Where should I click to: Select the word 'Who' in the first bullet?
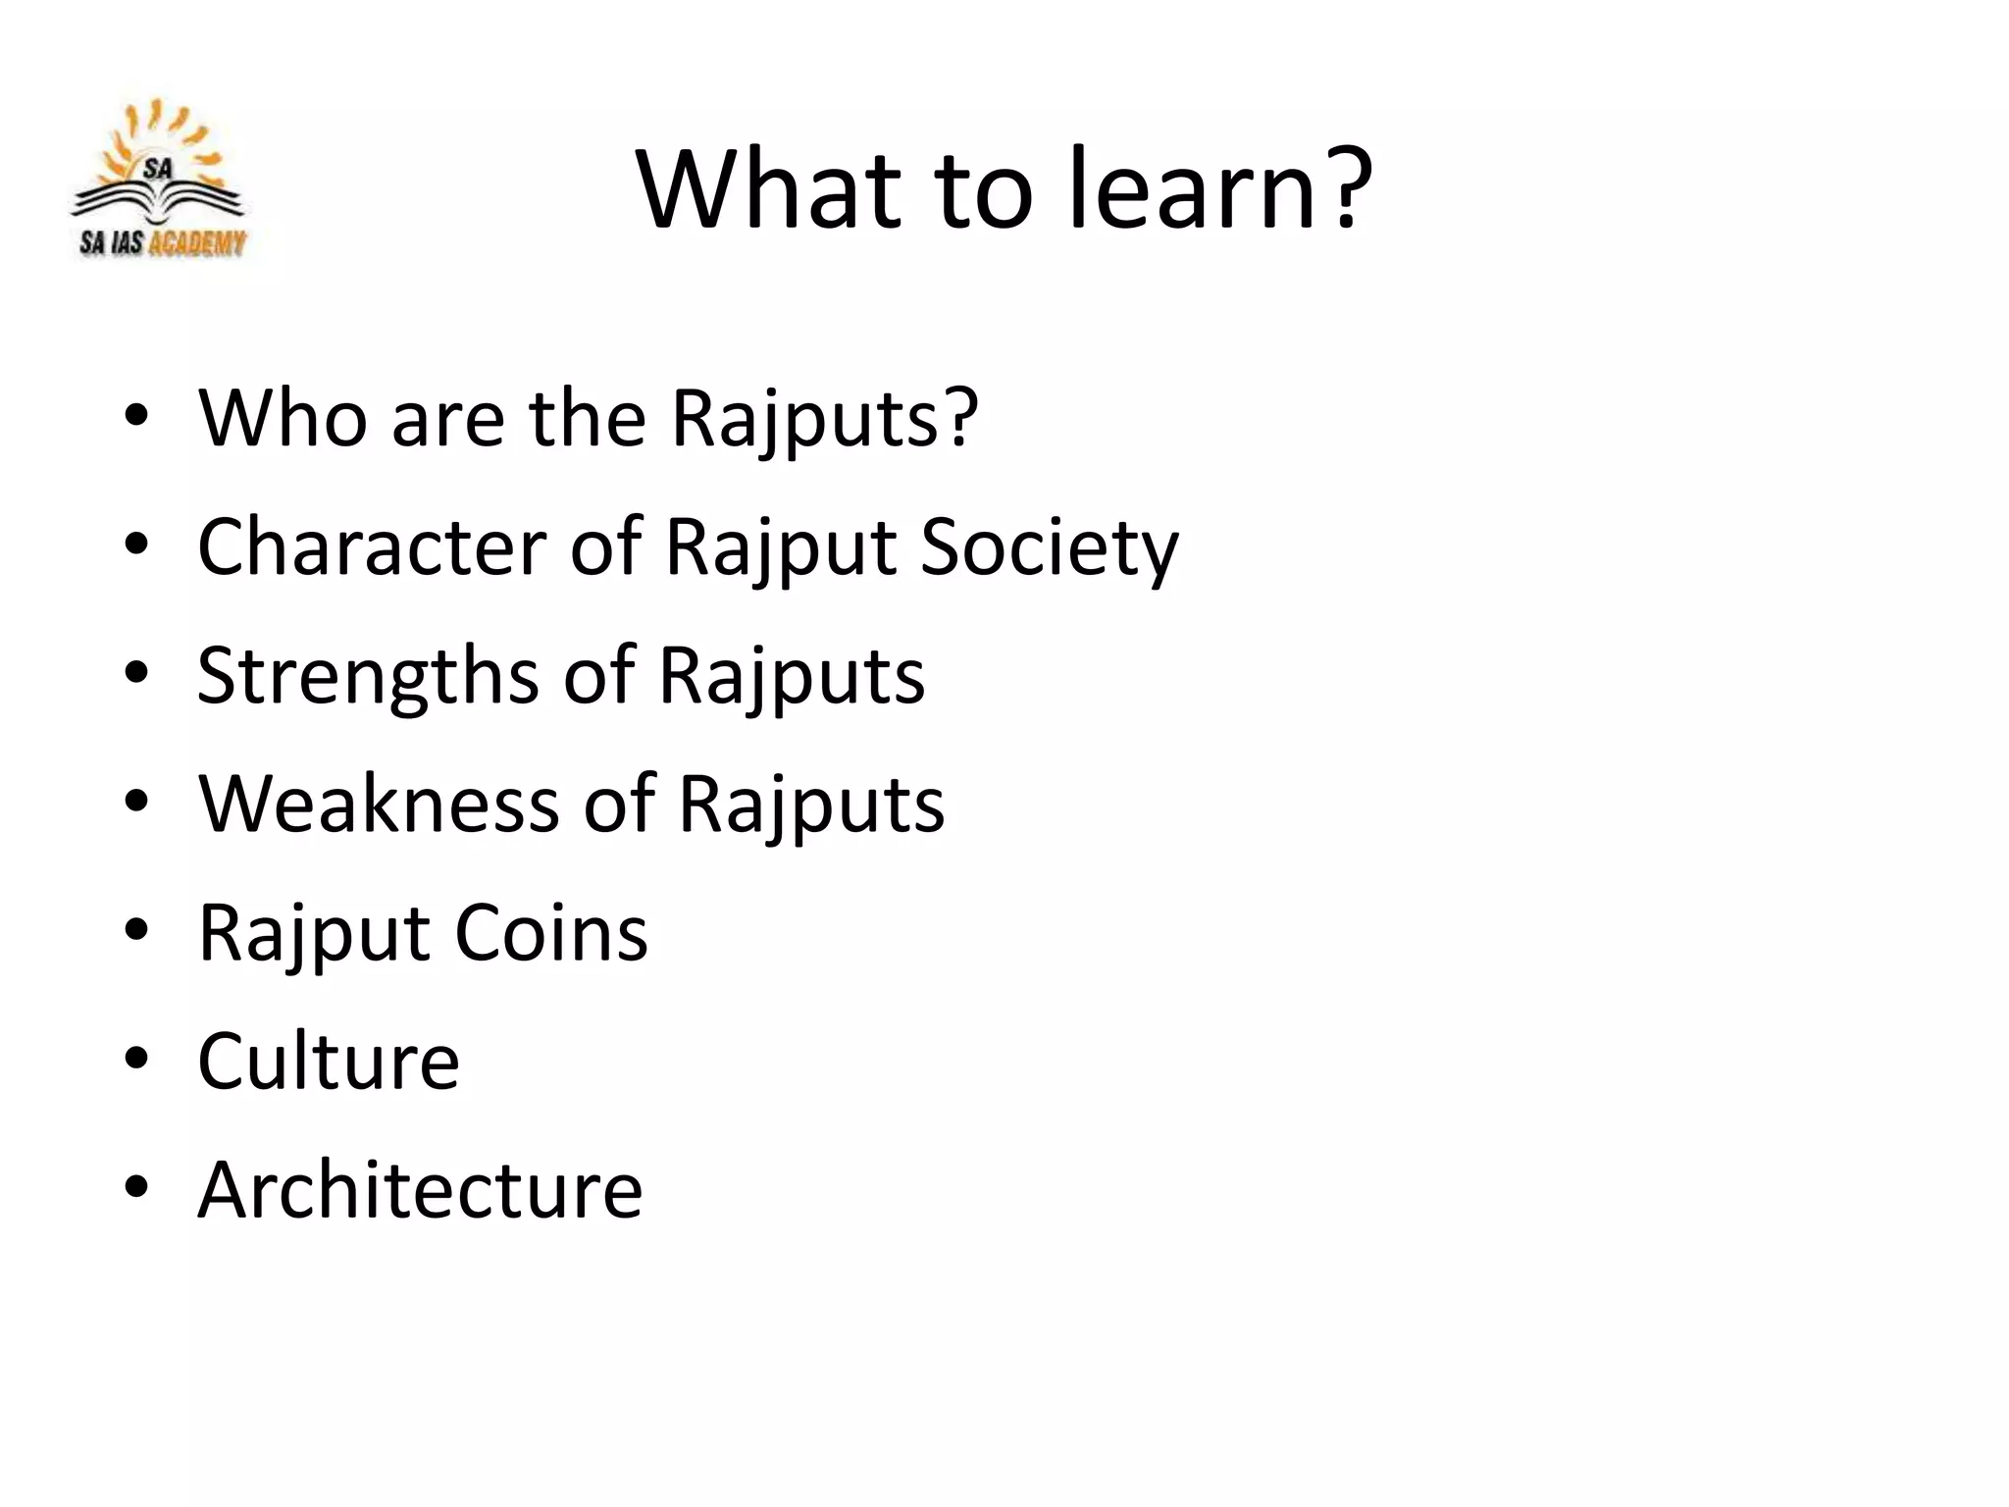coord(283,417)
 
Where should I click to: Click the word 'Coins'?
coord(550,932)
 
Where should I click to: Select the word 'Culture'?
coord(329,1061)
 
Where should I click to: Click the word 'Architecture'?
coord(420,1189)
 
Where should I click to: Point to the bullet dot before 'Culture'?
coord(136,1059)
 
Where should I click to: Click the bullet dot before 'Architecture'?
coord(136,1187)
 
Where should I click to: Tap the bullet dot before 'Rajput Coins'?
coord(136,930)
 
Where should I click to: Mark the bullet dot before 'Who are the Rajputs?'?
coord(136,415)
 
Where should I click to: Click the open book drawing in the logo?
coord(158,200)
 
